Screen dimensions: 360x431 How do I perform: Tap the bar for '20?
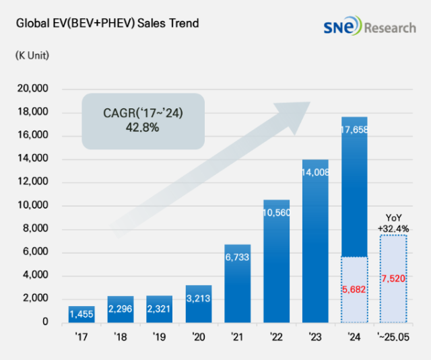(x=198, y=303)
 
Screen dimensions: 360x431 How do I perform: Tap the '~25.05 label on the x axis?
(x=394, y=336)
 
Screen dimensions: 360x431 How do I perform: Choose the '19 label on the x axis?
(x=159, y=336)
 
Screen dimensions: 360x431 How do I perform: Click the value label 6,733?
(x=237, y=256)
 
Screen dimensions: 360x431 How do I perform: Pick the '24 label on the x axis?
(x=354, y=336)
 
